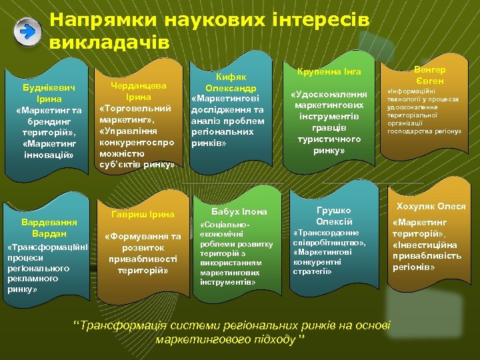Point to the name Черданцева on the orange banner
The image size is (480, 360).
[138, 86]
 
